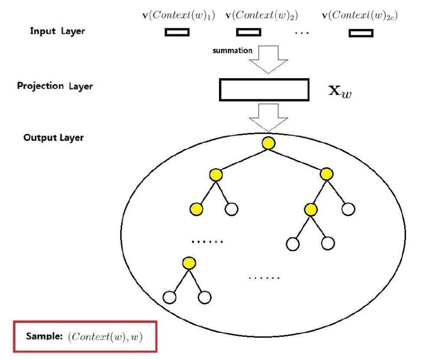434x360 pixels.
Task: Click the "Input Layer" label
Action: click(x=57, y=31)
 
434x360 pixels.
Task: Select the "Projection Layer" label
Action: click(x=55, y=86)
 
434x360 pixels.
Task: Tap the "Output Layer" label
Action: click(x=53, y=137)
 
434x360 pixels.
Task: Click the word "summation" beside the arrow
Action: click(x=232, y=50)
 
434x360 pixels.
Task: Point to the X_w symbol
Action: click(x=340, y=91)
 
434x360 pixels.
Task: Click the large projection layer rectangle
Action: click(x=264, y=90)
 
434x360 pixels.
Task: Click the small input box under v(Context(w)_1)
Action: click(x=177, y=33)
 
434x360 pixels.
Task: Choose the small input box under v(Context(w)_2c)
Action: click(x=361, y=33)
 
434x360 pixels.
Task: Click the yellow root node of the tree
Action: click(x=267, y=143)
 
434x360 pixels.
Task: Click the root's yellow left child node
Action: click(x=216, y=175)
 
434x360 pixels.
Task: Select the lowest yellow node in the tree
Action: click(x=188, y=263)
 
